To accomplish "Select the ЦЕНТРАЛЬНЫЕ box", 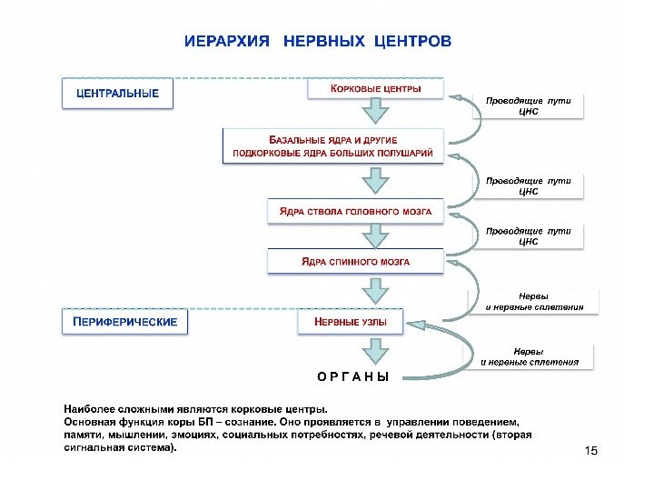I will click(x=117, y=94).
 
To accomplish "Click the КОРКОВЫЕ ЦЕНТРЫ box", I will click(x=376, y=88).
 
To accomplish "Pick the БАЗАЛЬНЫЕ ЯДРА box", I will click(x=333, y=146).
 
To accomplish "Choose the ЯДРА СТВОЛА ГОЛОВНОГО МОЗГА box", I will click(x=355, y=212).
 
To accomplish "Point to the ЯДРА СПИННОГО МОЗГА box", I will click(x=355, y=262).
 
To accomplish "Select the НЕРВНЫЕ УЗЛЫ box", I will click(x=351, y=322).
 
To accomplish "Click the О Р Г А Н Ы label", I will click(x=353, y=376).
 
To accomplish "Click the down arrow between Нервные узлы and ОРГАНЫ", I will click(x=373, y=350).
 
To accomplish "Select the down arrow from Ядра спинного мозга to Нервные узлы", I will click(x=373, y=291).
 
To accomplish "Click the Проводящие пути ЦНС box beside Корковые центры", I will click(x=529, y=105).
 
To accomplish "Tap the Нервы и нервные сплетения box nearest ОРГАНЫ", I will click(x=530, y=356).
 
